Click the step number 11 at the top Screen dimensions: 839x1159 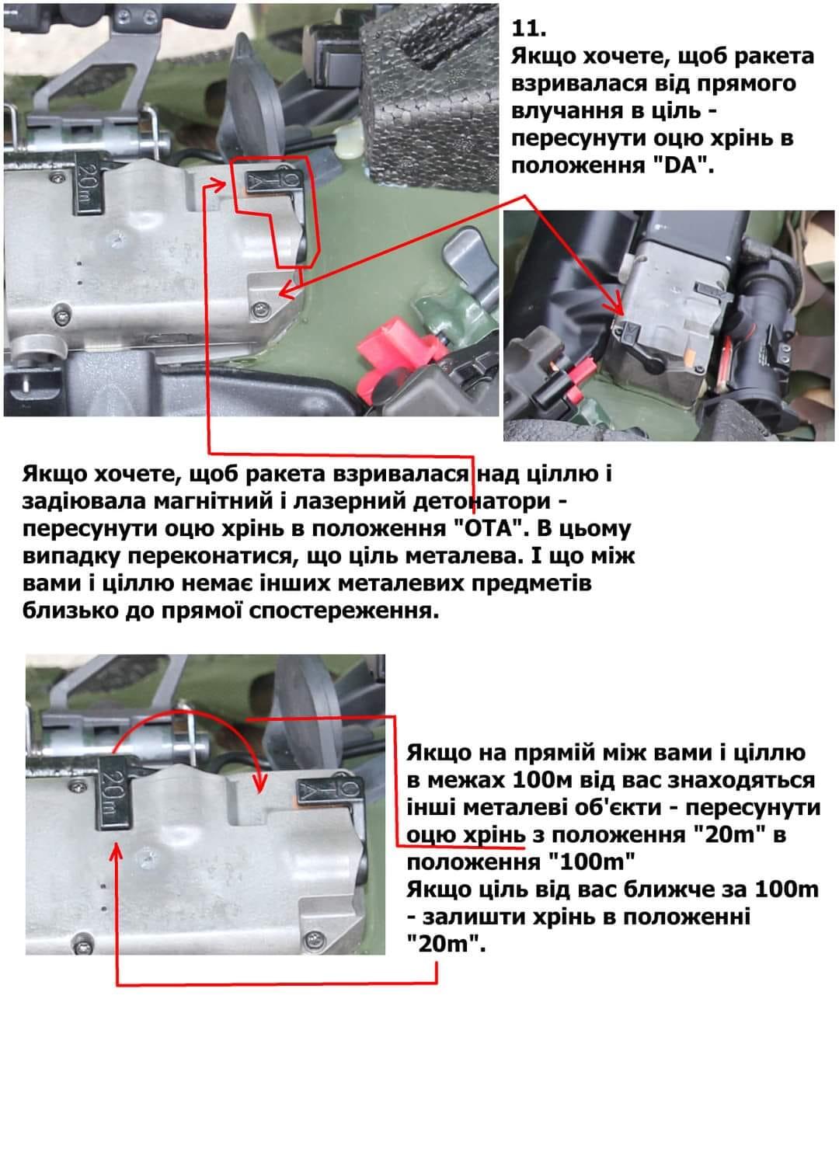(528, 29)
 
